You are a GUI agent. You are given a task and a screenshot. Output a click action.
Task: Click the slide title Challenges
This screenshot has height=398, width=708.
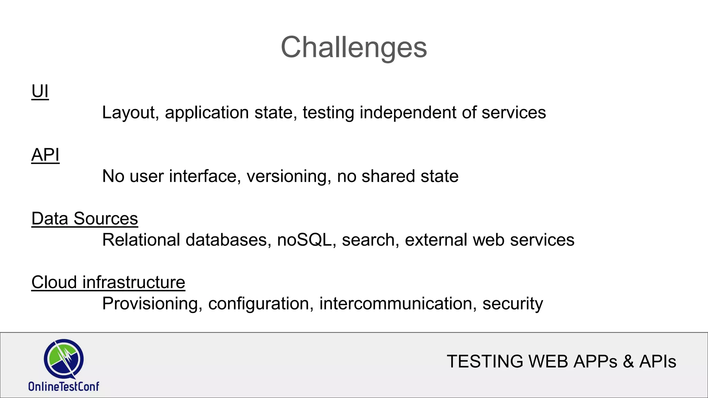(354, 47)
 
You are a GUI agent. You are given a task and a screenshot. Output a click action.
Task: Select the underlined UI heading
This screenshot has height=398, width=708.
(40, 92)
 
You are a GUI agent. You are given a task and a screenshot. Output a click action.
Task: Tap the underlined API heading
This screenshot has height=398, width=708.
(45, 155)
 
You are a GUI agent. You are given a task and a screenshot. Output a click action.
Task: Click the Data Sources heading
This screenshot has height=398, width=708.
(85, 219)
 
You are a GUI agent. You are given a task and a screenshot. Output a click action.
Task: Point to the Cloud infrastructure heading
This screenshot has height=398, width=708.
(108, 282)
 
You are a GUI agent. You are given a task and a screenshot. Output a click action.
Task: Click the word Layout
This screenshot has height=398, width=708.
(128, 113)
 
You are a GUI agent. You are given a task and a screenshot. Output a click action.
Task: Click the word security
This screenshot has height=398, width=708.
(512, 304)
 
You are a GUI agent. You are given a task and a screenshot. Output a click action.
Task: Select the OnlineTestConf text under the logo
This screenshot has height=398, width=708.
(64, 386)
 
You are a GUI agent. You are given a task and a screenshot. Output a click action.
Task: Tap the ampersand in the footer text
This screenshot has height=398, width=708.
(628, 362)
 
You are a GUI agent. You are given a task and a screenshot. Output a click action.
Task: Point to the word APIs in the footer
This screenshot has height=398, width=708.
(658, 362)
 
